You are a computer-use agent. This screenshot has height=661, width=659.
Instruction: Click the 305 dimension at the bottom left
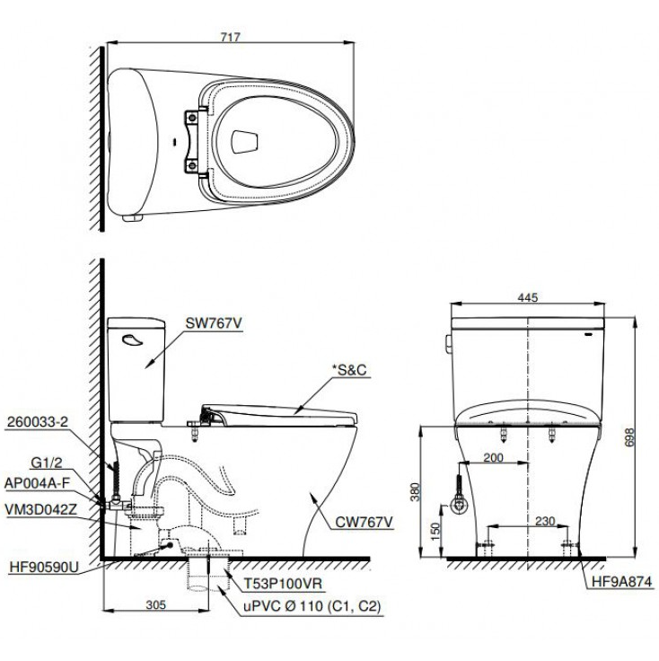(x=155, y=605)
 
